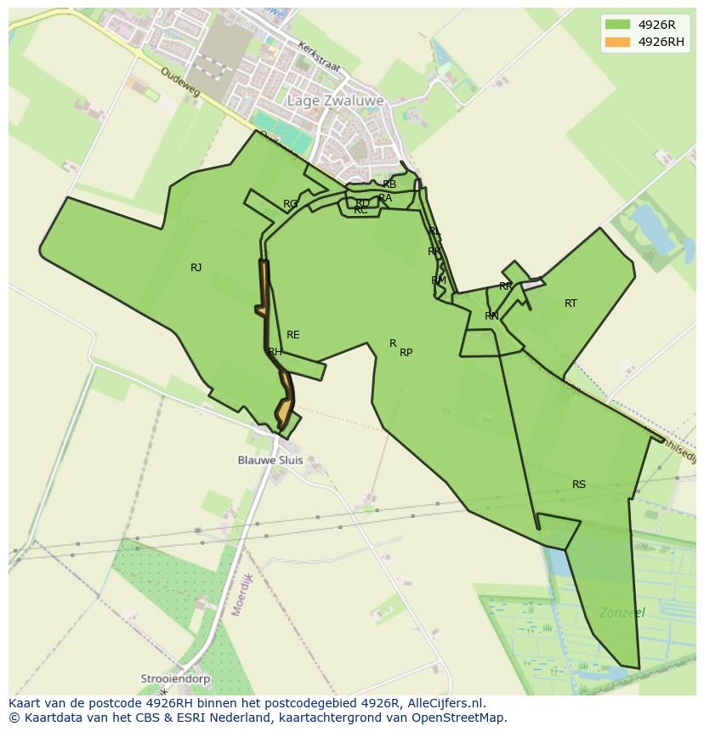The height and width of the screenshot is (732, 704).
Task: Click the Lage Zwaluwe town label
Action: [x=335, y=101]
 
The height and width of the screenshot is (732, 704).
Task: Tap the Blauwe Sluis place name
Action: [x=270, y=460]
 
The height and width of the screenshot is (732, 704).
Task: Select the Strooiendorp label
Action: [x=176, y=680]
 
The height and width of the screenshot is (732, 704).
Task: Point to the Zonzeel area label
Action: [x=622, y=612]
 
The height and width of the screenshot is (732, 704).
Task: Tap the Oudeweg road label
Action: [x=179, y=82]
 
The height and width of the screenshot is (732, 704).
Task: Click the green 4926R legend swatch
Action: [x=617, y=25]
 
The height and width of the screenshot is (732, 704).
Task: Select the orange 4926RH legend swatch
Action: [x=617, y=42]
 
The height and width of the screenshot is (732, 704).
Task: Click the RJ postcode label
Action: [x=196, y=268]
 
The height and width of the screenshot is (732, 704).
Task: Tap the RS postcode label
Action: [x=579, y=485]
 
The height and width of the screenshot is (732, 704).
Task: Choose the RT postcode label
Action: [x=571, y=304]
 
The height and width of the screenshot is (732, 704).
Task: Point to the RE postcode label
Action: [x=293, y=335]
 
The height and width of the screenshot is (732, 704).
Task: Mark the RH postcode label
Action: [x=275, y=352]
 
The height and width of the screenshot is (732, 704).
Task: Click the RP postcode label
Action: [x=406, y=353]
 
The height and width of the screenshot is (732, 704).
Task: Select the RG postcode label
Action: [x=291, y=204]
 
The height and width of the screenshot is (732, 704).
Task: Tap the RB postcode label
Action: [x=389, y=184]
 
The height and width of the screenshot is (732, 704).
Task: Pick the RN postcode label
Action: [x=491, y=316]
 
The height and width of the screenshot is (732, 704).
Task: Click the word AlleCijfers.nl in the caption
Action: [x=444, y=703]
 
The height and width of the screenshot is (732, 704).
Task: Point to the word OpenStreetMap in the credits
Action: [x=464, y=718]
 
